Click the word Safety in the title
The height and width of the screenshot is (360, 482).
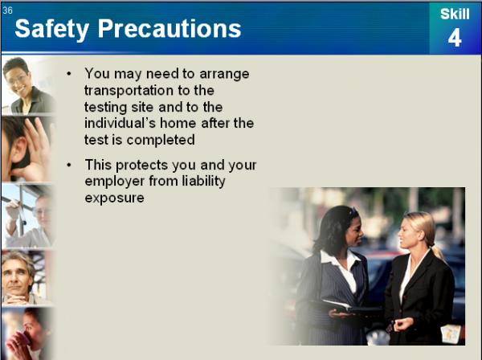pos(51,29)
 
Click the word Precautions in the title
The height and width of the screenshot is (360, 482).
pos(170,28)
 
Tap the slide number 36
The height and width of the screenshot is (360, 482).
pos(7,10)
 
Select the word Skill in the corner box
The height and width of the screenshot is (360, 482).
pos(455,14)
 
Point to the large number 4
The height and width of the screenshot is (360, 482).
pos(455,38)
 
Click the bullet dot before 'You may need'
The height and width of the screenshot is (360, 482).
pos(69,74)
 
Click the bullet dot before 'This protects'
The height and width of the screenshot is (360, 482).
pos(69,165)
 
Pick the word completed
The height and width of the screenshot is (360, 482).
pos(161,140)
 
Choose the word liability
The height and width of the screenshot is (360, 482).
pos(203,181)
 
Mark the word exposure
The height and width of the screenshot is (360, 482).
pos(114,198)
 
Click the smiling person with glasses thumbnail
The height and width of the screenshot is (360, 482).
pos(27,85)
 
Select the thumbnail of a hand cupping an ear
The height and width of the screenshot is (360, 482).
pos(27,149)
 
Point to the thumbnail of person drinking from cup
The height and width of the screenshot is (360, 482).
pos(27,333)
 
